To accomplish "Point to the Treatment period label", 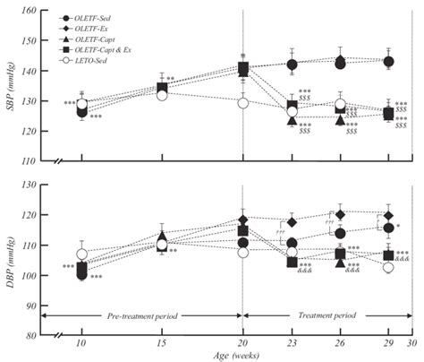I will [326, 316].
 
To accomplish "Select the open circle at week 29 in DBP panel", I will [388, 267].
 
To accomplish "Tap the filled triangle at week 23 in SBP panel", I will [292, 120].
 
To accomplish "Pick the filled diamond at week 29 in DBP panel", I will [388, 215].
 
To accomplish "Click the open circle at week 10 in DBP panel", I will [82, 254].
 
